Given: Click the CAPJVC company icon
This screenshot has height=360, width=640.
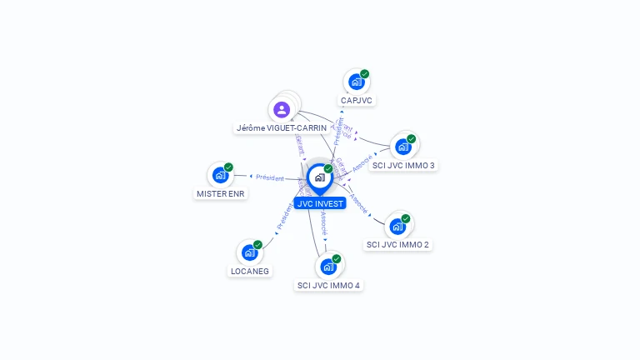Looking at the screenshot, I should tap(356, 82).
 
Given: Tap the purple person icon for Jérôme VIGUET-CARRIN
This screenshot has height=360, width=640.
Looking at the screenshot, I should tap(282, 109).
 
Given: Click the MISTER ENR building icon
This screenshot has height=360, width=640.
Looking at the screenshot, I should tap(220, 175).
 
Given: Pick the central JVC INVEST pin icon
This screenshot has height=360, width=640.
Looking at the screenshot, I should tap(319, 177).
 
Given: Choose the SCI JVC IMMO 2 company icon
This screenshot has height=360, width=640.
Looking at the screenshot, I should tap(397, 227).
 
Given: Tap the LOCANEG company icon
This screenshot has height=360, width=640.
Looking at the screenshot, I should tap(249, 252).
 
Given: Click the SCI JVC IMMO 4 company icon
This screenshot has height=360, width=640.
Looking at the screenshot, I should tap(327, 267).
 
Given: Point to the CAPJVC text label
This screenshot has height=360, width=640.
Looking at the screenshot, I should tap(357, 100).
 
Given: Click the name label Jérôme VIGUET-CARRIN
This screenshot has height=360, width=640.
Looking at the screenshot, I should tap(276, 128).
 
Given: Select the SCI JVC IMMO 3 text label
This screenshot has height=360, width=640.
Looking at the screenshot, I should tap(403, 165).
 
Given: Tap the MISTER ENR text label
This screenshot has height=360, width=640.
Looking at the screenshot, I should tap(221, 193).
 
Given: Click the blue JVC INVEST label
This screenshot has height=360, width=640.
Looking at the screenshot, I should tap(319, 203).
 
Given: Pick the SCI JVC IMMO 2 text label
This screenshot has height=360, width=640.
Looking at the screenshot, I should tap(398, 245).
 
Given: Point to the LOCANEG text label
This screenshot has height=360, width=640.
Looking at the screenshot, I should tap(250, 271).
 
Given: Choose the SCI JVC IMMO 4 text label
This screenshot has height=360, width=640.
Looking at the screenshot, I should tap(328, 285).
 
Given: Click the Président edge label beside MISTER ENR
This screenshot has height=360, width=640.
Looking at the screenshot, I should tap(270, 177).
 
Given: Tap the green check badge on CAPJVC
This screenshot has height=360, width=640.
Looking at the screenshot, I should tap(364, 74).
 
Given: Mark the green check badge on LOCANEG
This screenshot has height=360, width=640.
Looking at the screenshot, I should tap(257, 244).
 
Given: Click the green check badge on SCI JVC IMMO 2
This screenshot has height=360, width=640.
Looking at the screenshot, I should tap(406, 218).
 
